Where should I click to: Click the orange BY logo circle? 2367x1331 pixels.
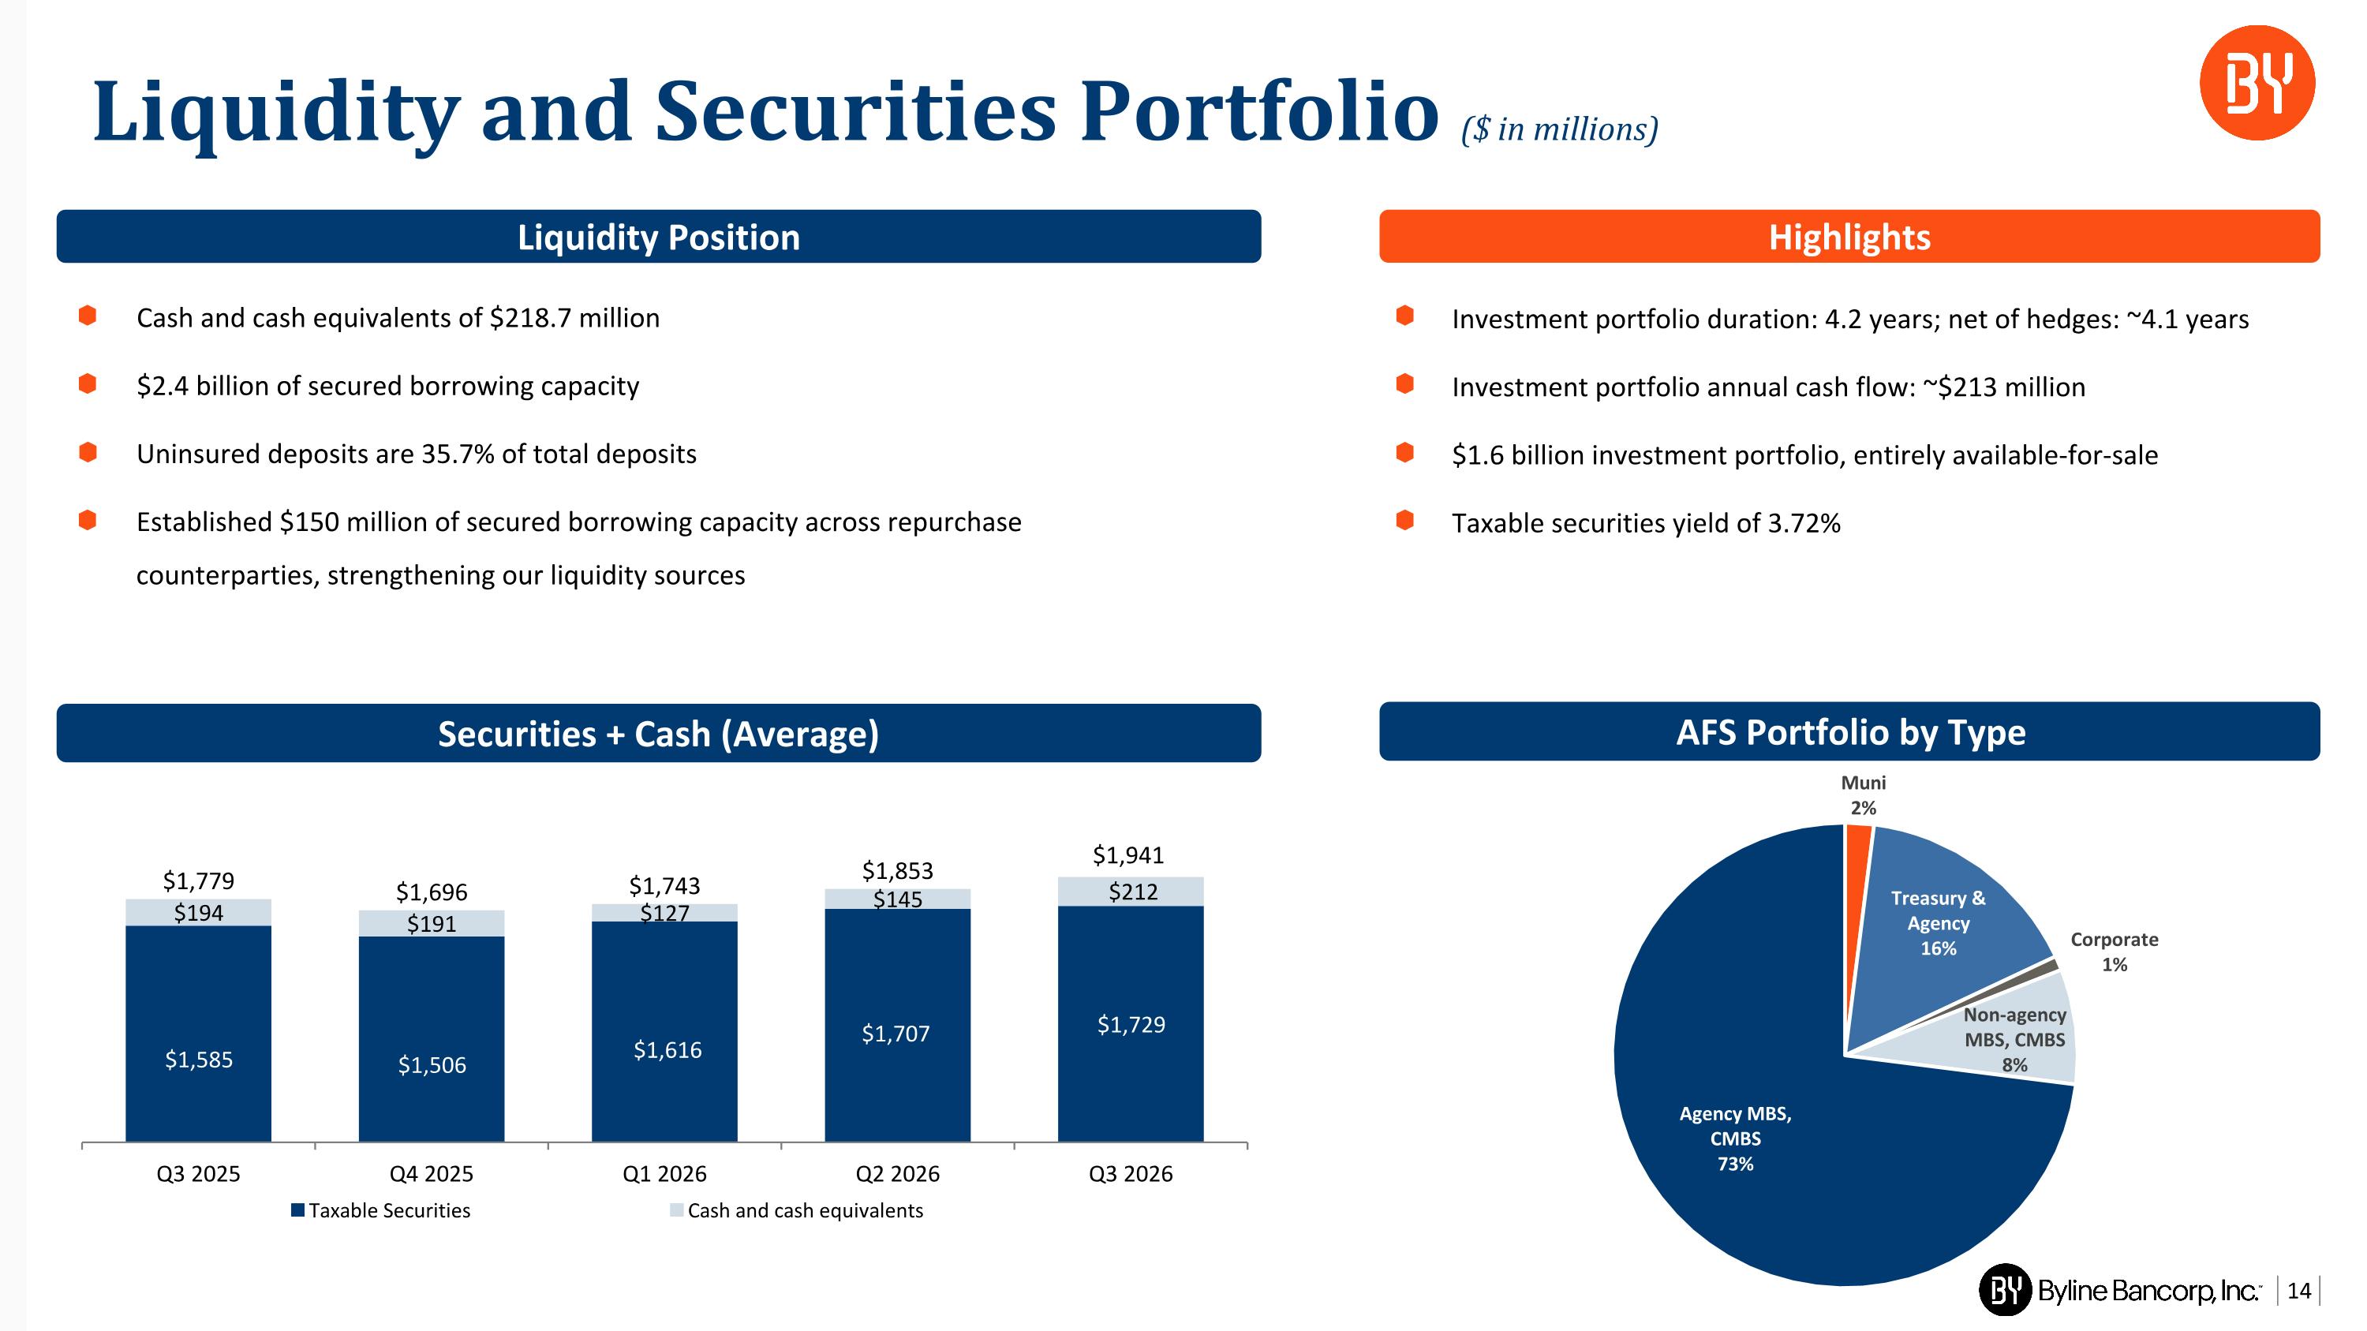2257,83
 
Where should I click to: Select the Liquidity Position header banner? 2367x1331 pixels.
658,237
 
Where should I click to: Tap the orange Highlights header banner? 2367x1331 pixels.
1849,237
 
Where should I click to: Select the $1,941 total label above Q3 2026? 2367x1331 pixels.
1128,855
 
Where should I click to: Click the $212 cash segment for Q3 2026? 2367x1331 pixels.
1131,892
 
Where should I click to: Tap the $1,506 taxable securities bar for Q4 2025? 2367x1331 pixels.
432,1039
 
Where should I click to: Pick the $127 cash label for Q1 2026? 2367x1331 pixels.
664,913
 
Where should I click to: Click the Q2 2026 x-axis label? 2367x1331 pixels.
898,1174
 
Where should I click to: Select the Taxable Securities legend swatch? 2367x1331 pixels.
297,1210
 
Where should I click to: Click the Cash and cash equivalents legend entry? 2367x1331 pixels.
797,1210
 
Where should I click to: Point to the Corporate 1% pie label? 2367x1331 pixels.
2115,952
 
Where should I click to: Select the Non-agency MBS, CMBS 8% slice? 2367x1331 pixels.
2021,1038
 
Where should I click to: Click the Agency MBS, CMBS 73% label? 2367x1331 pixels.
1736,1138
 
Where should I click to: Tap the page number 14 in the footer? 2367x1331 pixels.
2299,1292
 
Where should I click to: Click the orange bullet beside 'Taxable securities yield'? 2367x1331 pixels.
1404,521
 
